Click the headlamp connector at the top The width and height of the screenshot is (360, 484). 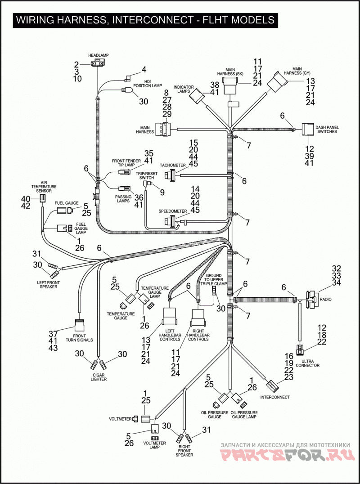coord(98,63)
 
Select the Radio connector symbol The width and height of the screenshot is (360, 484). coord(311,300)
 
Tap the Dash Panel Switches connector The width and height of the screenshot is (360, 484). coord(307,129)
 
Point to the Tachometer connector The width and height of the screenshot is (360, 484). coord(170,175)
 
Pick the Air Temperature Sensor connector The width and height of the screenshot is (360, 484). coord(44,198)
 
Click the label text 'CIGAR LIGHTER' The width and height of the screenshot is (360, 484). coord(99,377)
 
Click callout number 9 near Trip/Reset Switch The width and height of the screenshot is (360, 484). coord(162,192)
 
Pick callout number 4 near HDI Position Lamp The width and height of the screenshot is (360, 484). coord(144,70)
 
